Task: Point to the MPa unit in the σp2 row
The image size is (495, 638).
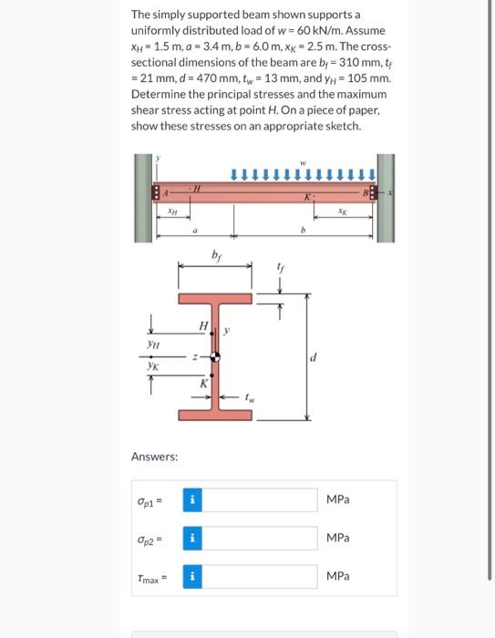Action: (338, 539)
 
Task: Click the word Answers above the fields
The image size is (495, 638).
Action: (153, 456)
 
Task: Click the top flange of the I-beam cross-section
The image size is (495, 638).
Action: (215, 299)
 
